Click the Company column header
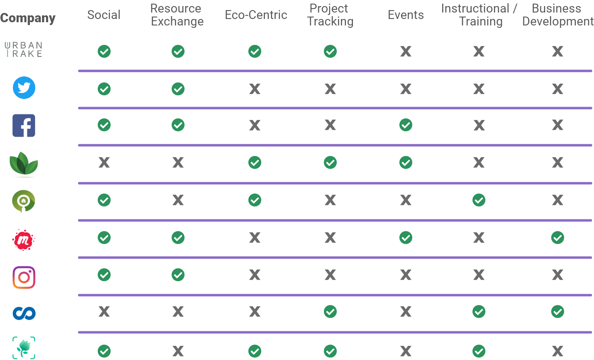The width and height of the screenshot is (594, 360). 28,18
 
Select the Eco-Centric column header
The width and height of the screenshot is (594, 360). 256,15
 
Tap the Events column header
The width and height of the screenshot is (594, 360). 406,15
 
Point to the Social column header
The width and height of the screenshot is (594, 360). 104,15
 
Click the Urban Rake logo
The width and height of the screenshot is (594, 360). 23,49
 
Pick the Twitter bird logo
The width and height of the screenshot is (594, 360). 24,88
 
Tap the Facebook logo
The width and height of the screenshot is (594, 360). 24,126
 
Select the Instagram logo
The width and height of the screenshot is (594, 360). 24,278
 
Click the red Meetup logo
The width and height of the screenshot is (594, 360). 23,240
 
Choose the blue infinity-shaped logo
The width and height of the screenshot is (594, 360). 24,313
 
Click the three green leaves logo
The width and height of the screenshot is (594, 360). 23,163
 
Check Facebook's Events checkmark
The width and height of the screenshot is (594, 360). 406,125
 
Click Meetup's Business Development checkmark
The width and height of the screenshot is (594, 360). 558,238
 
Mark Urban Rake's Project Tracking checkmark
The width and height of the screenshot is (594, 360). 330,51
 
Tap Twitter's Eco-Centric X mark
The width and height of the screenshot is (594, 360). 255,89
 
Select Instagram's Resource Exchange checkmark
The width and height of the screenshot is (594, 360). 178,275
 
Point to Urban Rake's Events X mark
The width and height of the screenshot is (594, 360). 406,51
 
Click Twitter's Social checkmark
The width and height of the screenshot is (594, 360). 104,89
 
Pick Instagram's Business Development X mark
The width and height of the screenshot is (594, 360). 558,275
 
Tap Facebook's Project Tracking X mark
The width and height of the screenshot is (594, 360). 330,125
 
